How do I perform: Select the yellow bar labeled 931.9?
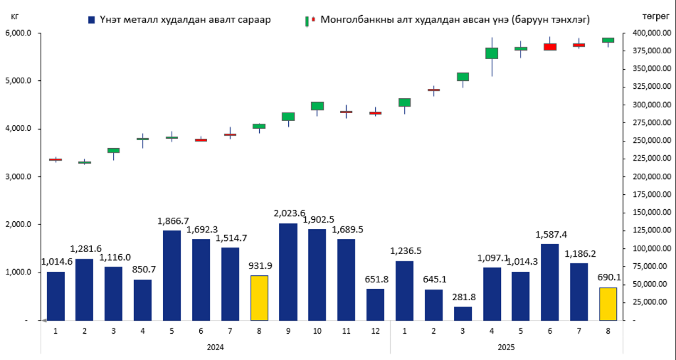(x=260, y=297)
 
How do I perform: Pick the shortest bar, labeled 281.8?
(x=463, y=313)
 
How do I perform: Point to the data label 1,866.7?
(x=172, y=221)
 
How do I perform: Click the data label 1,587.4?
(x=549, y=235)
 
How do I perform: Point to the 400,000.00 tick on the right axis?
(x=648, y=33)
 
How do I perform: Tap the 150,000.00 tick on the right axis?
(x=648, y=213)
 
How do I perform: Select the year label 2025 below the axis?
(x=506, y=347)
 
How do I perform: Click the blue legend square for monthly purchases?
(x=91, y=20)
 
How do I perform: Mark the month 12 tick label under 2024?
(x=375, y=331)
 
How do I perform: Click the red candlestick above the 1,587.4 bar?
(x=549, y=46)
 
